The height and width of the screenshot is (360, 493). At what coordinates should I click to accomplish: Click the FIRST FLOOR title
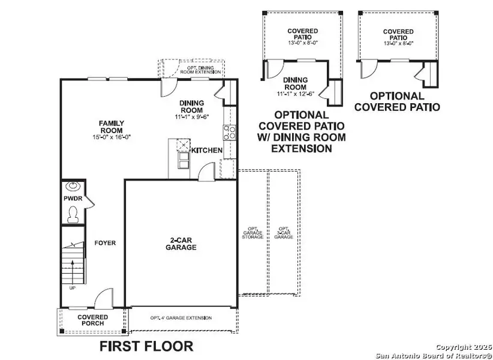click(146, 346)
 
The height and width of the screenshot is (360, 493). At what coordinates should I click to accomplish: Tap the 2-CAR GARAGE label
click(181, 243)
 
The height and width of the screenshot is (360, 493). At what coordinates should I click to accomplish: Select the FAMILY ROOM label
click(111, 127)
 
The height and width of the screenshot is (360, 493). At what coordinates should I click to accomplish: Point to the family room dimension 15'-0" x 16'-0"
click(111, 137)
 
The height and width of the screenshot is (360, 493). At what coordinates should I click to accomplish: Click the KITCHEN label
click(207, 150)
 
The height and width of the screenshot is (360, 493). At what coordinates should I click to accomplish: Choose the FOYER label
click(105, 243)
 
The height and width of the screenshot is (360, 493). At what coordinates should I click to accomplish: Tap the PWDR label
click(73, 198)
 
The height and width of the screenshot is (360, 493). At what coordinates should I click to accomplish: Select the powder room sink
click(73, 186)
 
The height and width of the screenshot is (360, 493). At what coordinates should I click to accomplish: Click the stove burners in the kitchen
click(229, 132)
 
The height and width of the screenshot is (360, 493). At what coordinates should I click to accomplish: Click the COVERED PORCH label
click(93, 320)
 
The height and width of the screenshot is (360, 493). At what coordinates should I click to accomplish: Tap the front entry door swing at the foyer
click(103, 298)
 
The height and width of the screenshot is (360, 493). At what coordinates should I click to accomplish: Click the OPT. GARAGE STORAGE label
click(252, 233)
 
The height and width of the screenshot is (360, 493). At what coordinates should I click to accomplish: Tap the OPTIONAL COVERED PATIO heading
click(396, 101)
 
